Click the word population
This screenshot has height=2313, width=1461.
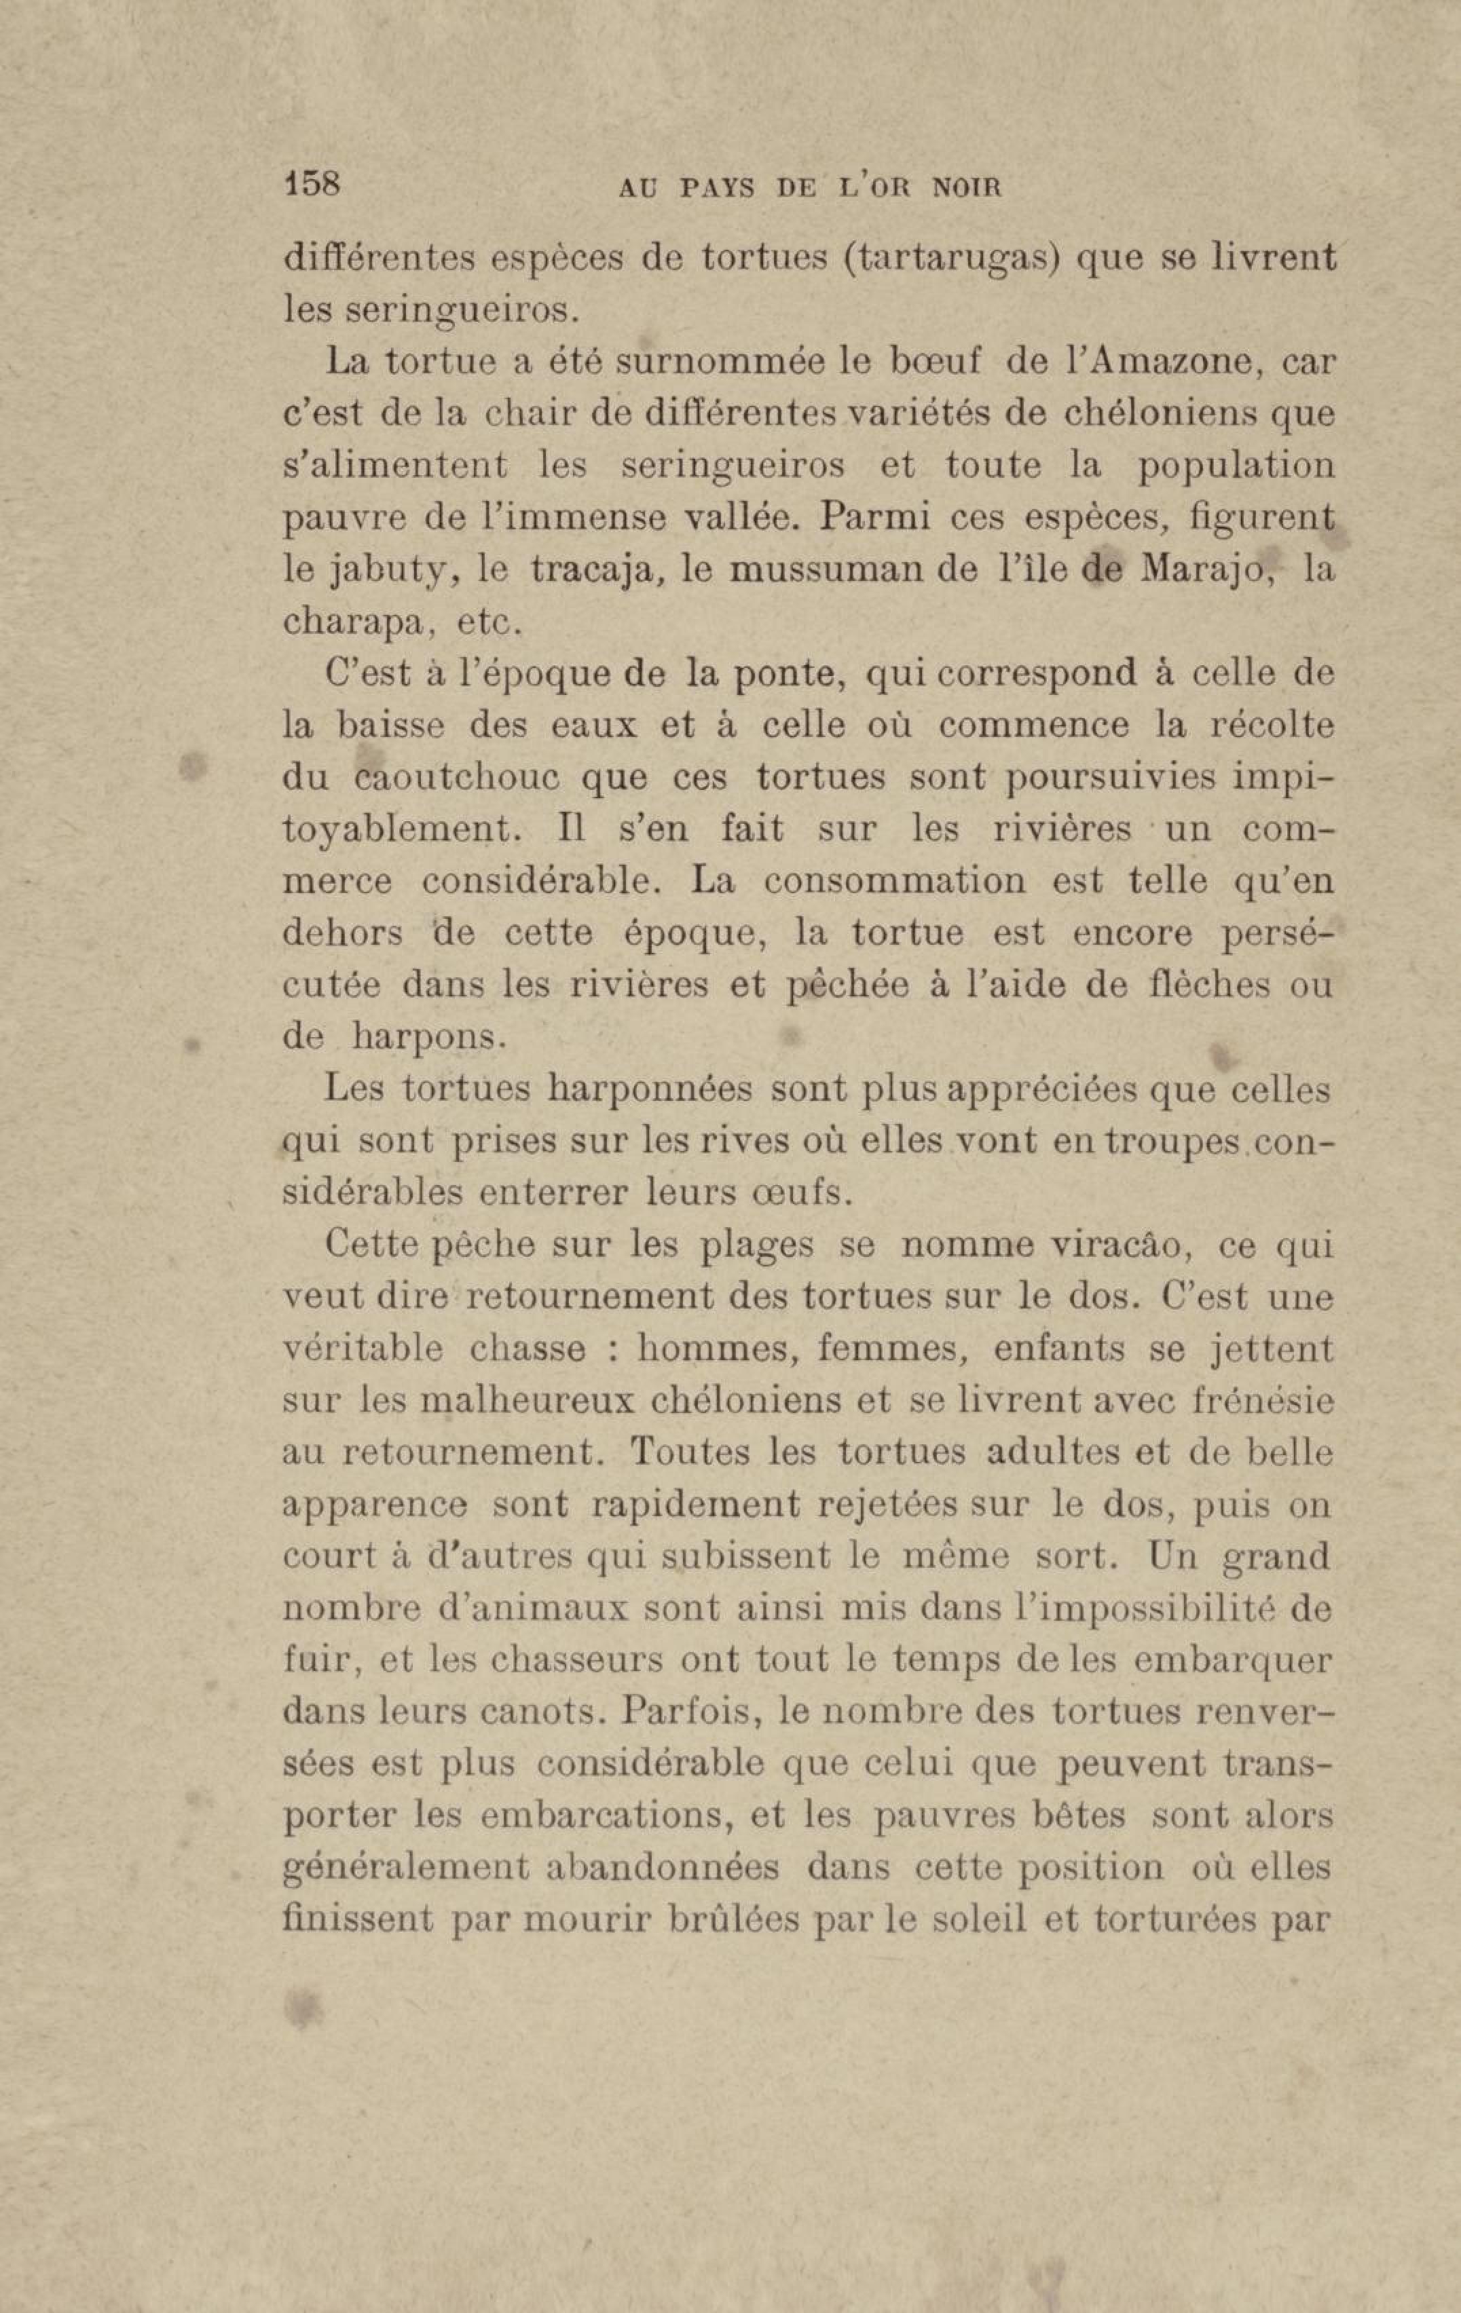(x=1236, y=468)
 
